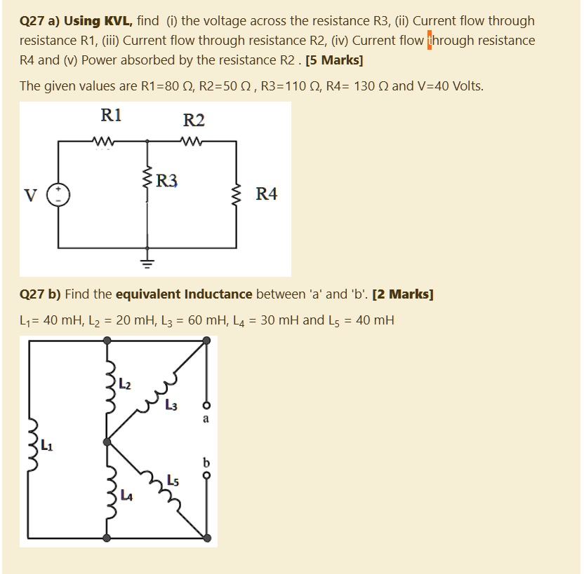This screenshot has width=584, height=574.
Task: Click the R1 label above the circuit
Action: click(x=111, y=116)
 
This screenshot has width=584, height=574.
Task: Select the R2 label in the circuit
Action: click(x=194, y=121)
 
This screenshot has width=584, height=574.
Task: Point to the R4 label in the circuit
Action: click(x=266, y=194)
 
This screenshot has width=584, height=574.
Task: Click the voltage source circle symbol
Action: click(x=58, y=195)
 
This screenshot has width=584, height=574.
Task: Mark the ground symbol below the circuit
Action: click(x=147, y=264)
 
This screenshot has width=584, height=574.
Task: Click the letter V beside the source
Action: click(x=30, y=195)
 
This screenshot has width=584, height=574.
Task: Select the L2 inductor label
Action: click(x=124, y=384)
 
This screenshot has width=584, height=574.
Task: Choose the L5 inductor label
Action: click(x=173, y=481)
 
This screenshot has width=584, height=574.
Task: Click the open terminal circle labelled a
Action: click(x=206, y=406)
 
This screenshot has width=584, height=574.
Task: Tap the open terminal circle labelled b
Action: click(x=206, y=474)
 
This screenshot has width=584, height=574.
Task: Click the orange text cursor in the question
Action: click(x=430, y=40)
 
